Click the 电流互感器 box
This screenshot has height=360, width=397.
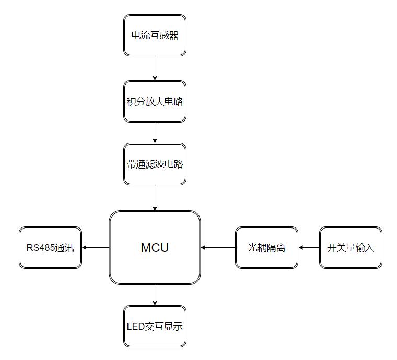coord(155,35)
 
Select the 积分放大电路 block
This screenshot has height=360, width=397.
coord(155,102)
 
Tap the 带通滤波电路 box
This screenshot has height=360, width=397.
coord(155,164)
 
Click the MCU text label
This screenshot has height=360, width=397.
coord(155,248)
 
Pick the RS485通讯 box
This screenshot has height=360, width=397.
coord(51,248)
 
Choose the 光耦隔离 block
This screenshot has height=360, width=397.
coord(266,248)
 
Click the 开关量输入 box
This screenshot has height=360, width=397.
coord(351,248)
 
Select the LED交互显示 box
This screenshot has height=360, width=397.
coord(155,327)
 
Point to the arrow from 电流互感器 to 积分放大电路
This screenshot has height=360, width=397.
coord(155,68)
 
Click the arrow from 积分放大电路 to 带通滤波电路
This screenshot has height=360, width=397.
coord(155,133)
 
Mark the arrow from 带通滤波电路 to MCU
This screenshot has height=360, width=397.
coord(155,197)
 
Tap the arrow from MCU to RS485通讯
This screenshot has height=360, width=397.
coord(96,248)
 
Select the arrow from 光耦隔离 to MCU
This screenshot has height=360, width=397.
coord(218,248)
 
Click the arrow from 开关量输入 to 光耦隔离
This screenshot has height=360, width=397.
coord(309,248)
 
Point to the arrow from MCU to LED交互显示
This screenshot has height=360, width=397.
coord(155,295)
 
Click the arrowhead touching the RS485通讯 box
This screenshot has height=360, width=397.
coord(85,248)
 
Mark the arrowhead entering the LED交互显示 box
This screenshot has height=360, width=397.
coord(155,303)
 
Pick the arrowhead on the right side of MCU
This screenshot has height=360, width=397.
coord(204,248)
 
